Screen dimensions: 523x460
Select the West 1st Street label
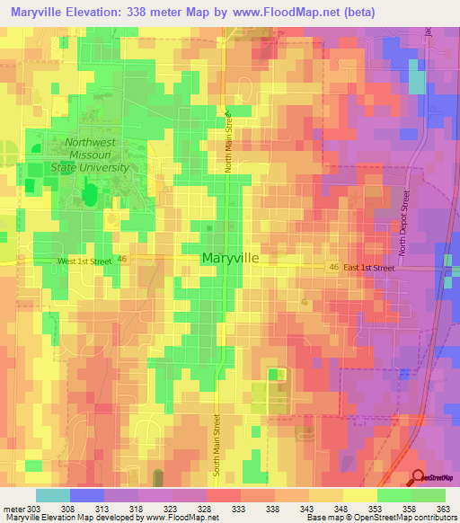tap(84, 261)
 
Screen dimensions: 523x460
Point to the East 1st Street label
tap(369, 268)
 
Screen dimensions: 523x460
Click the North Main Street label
tap(229, 143)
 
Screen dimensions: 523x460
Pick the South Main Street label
tap(217, 444)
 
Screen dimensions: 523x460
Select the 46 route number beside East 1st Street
tap(333, 268)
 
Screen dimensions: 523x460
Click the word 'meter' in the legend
tap(13, 508)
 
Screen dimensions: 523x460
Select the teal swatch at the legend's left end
tap(53, 495)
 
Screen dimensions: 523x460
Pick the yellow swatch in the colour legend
tap(359, 495)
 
